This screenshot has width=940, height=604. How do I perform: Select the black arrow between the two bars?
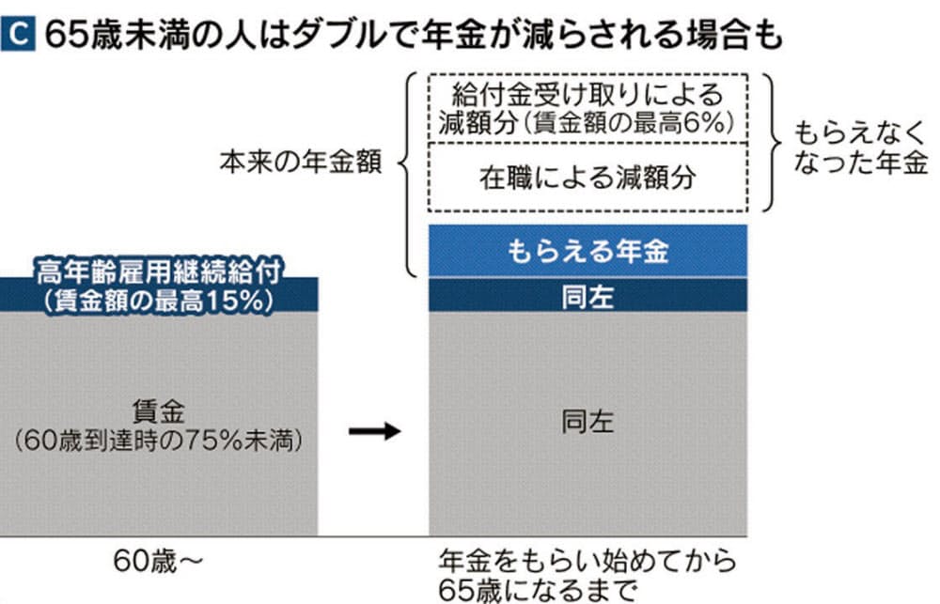click(x=374, y=431)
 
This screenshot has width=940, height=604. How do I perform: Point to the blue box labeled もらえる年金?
click(x=587, y=252)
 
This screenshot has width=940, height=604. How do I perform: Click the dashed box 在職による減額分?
click(x=587, y=177)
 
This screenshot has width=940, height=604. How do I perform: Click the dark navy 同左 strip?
click(x=587, y=297)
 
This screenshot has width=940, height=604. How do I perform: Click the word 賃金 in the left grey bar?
click(x=160, y=410)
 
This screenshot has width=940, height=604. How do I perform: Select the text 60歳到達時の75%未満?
click(x=160, y=440)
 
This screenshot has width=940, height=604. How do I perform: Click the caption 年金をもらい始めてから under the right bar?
click(x=587, y=562)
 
